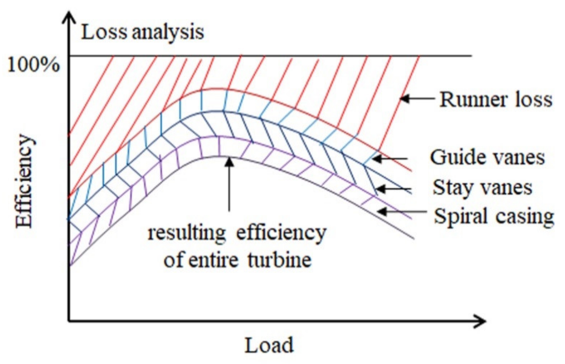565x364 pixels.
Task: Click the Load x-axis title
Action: (x=269, y=345)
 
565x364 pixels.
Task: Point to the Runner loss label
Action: (x=496, y=100)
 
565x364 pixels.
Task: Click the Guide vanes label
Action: (x=487, y=157)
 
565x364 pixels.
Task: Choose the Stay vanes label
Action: (x=482, y=188)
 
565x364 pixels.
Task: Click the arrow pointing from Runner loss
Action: (x=417, y=99)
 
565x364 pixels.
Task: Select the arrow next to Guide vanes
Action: (x=390, y=159)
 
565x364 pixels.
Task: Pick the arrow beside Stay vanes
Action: (x=393, y=189)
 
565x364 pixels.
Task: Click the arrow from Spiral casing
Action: (x=401, y=212)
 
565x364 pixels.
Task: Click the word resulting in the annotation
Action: (x=186, y=233)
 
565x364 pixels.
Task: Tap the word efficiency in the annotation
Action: (x=281, y=233)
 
